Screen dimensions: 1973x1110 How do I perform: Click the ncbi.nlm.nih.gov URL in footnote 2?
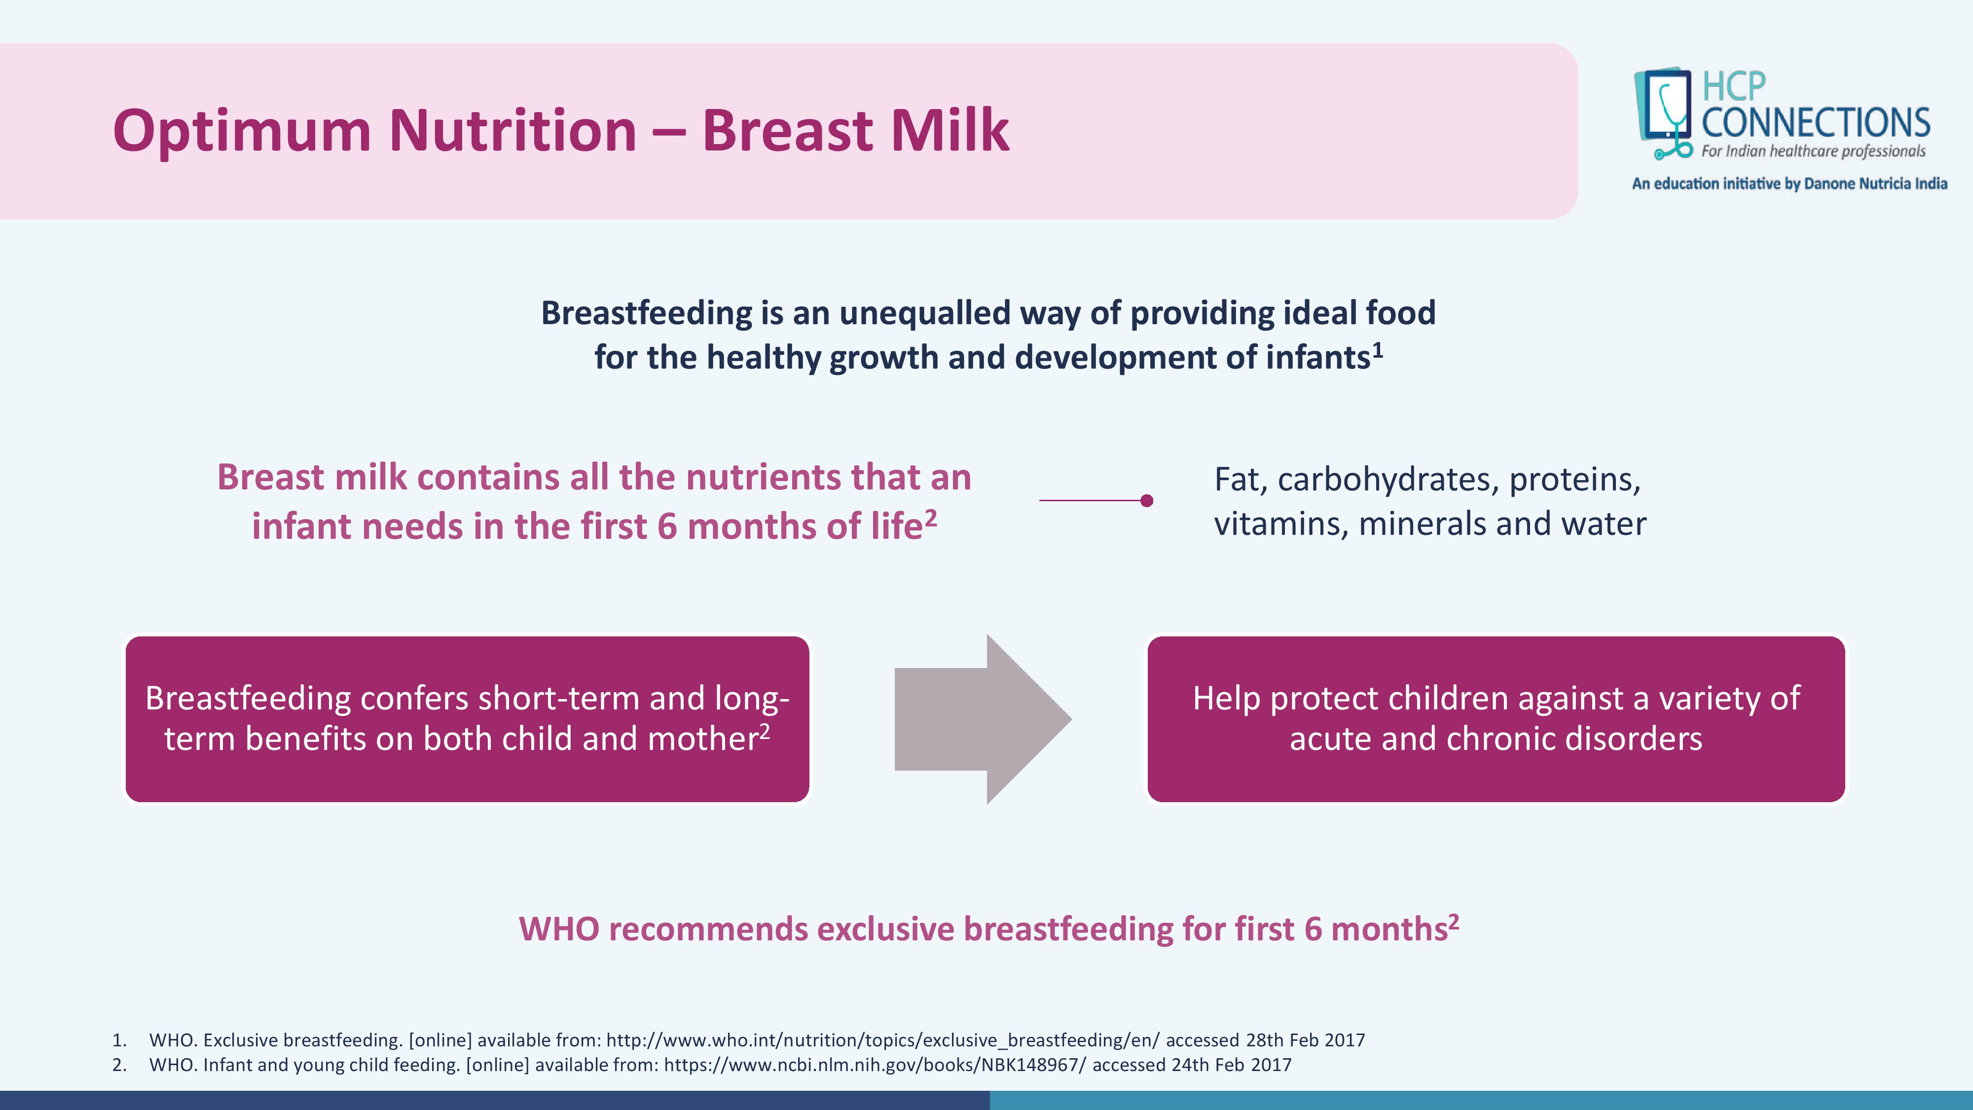pyautogui.click(x=875, y=1065)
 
